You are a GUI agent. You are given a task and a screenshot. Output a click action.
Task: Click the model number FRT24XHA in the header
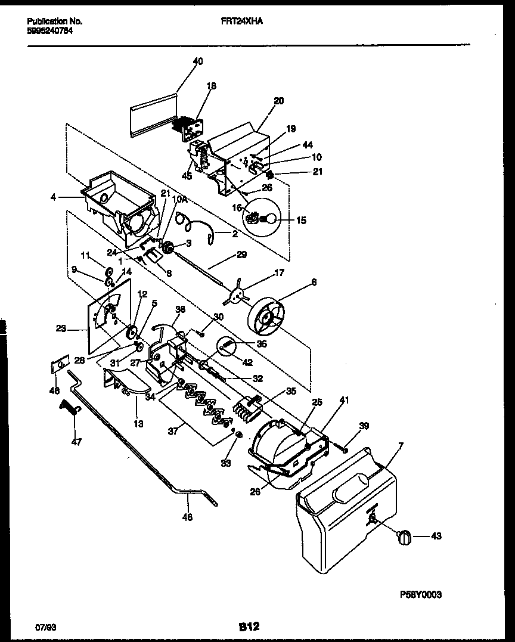(x=246, y=20)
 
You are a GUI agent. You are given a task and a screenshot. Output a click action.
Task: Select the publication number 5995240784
(x=51, y=32)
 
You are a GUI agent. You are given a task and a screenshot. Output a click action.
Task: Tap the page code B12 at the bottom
(x=249, y=627)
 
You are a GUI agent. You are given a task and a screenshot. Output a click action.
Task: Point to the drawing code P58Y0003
(x=421, y=595)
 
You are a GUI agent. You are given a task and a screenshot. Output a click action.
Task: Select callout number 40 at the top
(x=198, y=61)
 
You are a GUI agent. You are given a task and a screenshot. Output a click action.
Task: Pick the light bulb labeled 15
(x=269, y=220)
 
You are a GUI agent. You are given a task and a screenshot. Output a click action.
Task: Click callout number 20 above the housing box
(x=278, y=101)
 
